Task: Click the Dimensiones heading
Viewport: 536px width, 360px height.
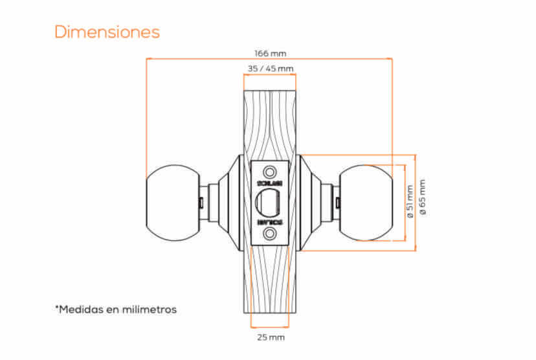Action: (x=107, y=32)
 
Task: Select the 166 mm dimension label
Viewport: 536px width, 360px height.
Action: (x=270, y=53)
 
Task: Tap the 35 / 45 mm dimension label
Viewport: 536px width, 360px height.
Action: (x=270, y=68)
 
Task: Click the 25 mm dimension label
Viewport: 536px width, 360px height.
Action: (x=270, y=337)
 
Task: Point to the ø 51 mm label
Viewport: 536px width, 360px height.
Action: (x=409, y=201)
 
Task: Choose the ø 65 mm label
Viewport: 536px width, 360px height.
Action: (x=423, y=197)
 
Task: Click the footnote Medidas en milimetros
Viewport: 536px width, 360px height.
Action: (x=116, y=309)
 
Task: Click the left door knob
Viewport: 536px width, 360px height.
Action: (x=169, y=202)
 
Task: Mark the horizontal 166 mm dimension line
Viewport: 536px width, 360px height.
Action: (x=194, y=59)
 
